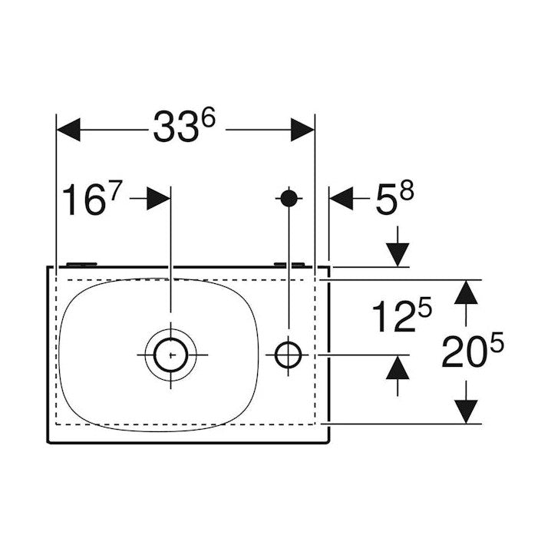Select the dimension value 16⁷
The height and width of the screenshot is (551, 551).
(91, 201)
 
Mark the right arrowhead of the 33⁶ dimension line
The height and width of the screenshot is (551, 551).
(302, 130)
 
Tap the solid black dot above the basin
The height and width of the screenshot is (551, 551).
(289, 198)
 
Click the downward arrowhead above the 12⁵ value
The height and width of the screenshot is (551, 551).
(399, 252)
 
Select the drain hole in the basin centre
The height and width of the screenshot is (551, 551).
(170, 355)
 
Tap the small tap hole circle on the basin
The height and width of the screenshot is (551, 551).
(289, 355)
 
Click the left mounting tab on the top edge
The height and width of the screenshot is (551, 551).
(81, 264)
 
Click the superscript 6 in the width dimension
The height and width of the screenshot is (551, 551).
(207, 119)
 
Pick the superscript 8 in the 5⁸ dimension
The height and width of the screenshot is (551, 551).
(406, 192)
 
